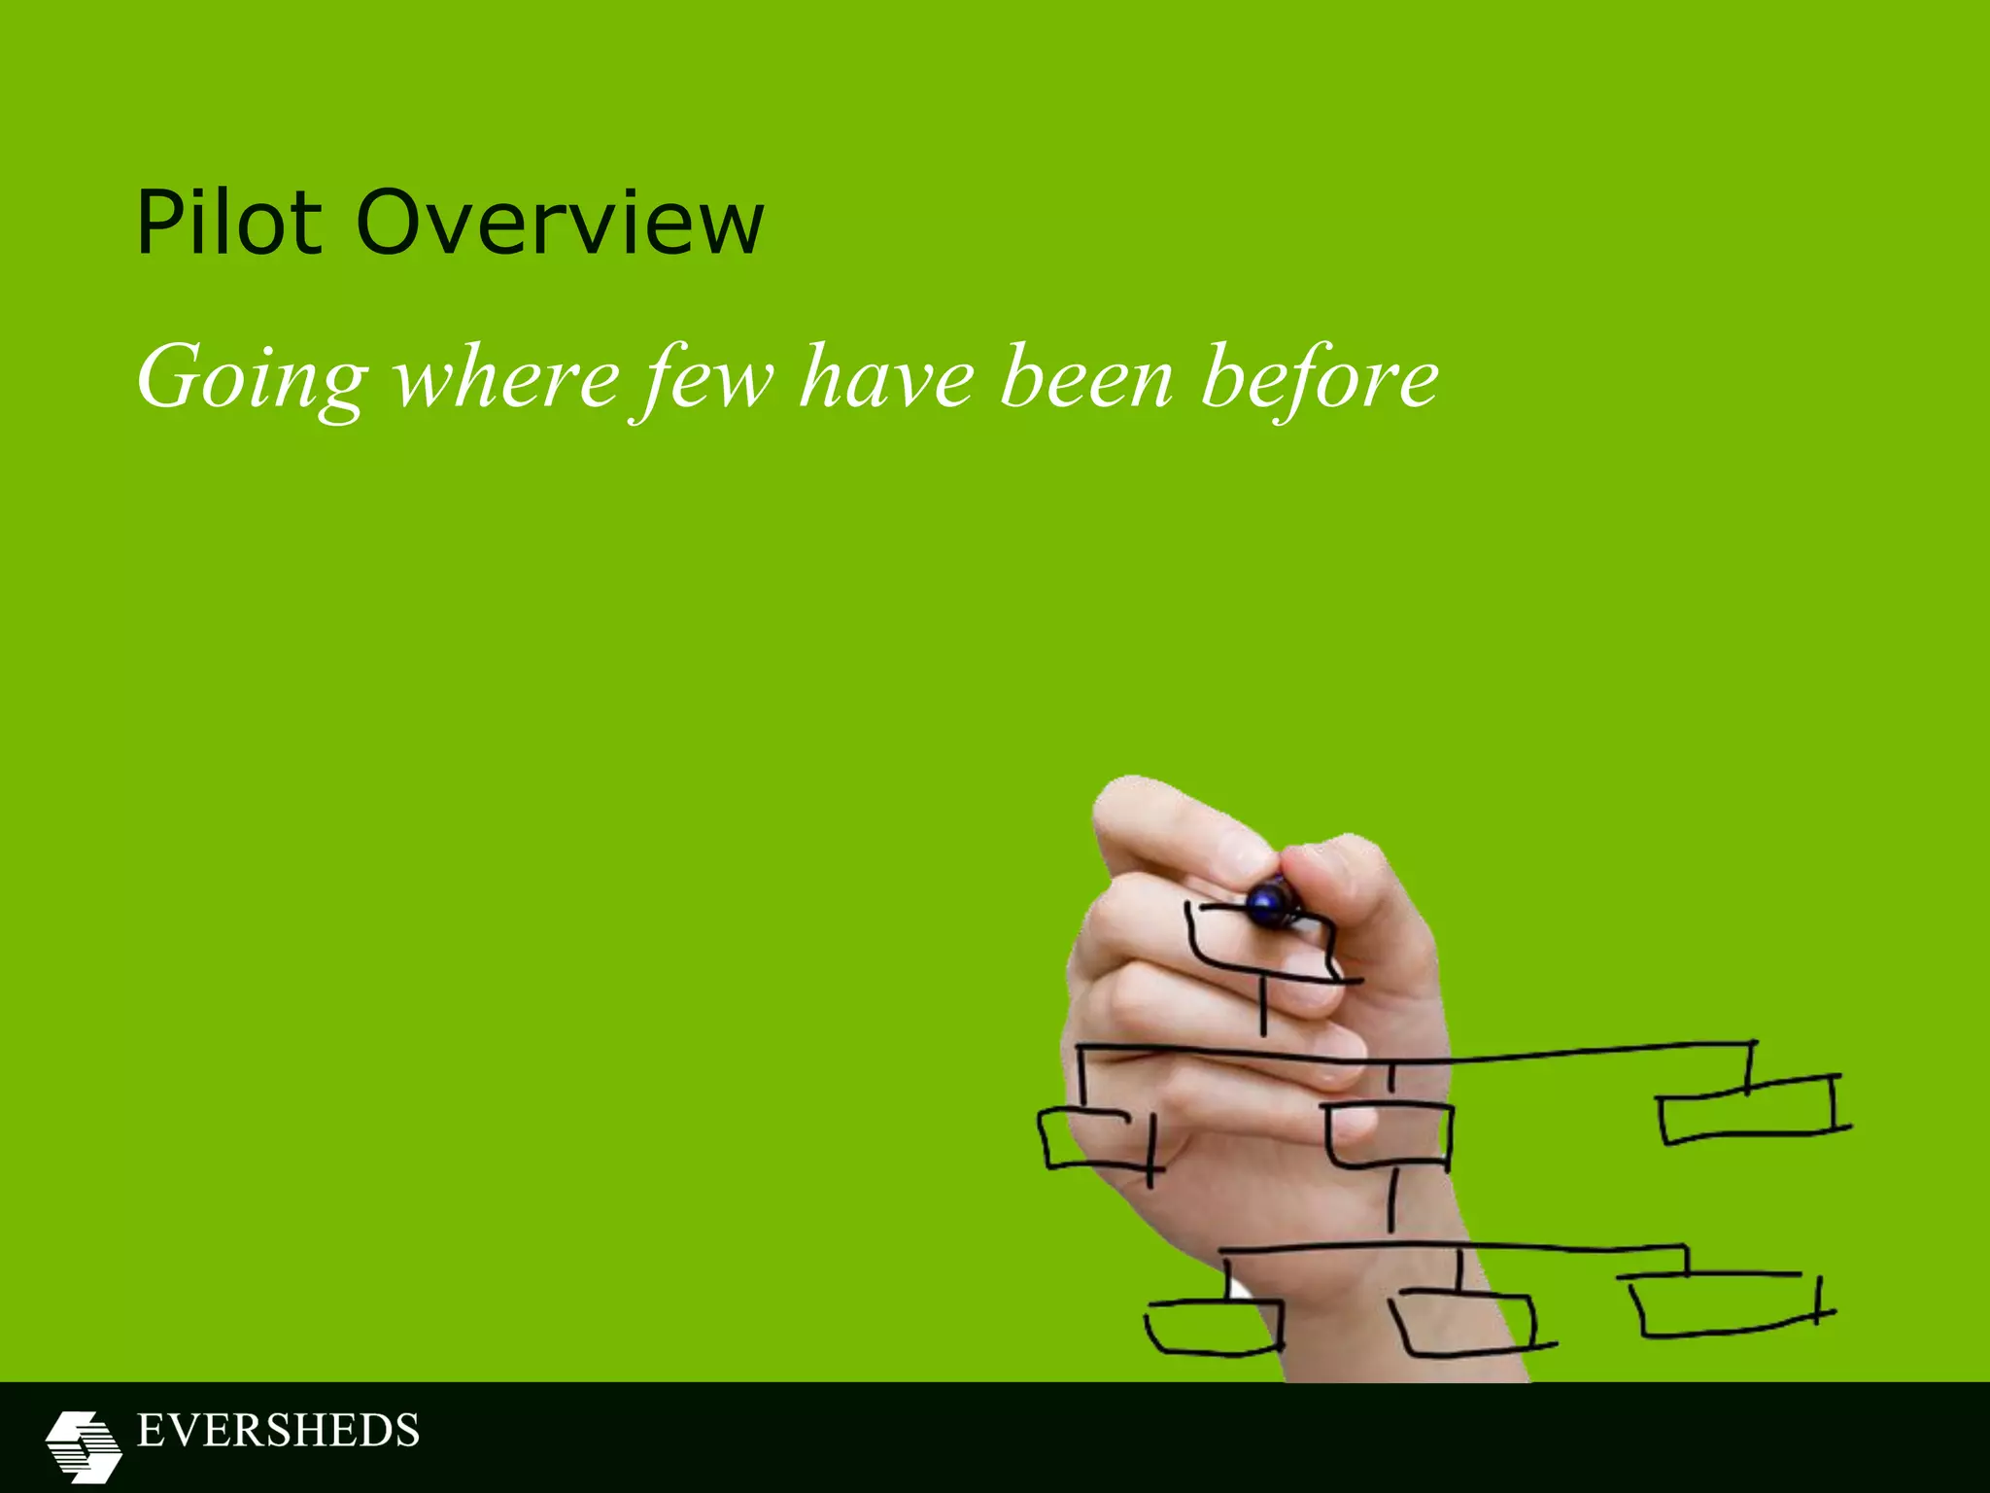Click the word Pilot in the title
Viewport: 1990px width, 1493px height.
coord(228,223)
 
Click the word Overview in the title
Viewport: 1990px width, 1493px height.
coord(561,223)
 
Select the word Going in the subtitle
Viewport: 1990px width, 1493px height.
coord(252,379)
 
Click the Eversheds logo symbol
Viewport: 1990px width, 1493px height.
coord(84,1446)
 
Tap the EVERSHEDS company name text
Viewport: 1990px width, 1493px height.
coord(278,1431)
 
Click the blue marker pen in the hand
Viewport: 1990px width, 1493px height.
coord(1272,902)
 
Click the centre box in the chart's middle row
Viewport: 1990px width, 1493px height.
coord(1390,1134)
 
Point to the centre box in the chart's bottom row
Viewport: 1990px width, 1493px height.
coord(1465,1323)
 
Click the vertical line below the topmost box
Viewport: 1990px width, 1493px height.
coord(1263,1008)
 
